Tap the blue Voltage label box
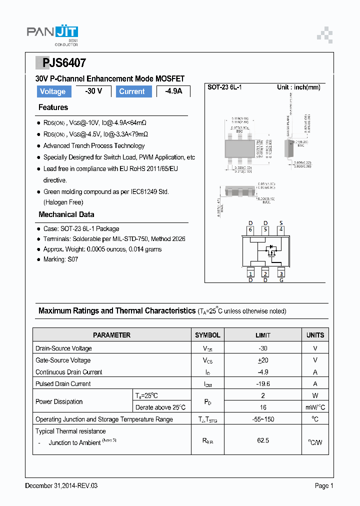click(x=52, y=91)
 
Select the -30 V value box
click(x=93, y=91)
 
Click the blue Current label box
click(x=132, y=91)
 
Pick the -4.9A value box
click(x=173, y=91)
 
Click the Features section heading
click(x=53, y=107)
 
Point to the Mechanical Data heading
click(x=66, y=214)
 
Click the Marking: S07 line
click(x=60, y=259)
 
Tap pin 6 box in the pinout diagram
click(x=250, y=230)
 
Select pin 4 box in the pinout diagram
click(x=281, y=230)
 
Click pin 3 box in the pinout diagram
click(x=281, y=273)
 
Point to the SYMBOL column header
click(x=207, y=335)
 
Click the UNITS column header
click(x=315, y=335)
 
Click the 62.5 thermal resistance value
click(x=262, y=440)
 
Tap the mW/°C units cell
click(x=315, y=407)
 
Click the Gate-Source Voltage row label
click(x=63, y=360)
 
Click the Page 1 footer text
click(x=323, y=485)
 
